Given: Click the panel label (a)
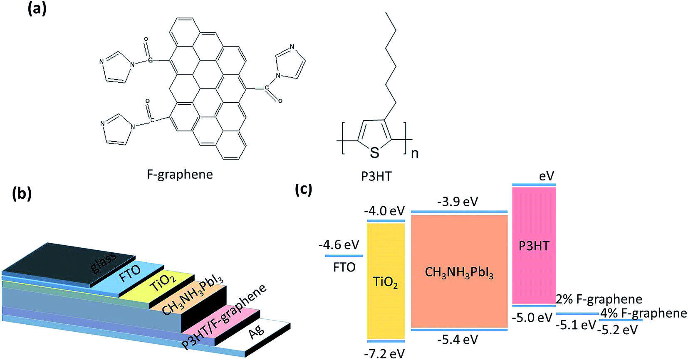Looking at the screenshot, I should tap(37, 9).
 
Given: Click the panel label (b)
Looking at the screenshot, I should tap(22, 193).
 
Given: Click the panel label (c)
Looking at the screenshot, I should tap(303, 189).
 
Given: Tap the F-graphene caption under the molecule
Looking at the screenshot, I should tap(180, 174).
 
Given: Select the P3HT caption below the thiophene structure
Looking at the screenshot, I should tap(376, 176).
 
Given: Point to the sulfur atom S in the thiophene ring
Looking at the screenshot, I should tap(374, 153).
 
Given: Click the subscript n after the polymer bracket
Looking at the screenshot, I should tap(414, 153).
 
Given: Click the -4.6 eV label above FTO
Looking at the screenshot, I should tap(339, 244).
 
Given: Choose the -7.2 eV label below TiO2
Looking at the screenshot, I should tap(384, 353).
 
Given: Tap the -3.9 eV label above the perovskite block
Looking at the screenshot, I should tap(458, 202).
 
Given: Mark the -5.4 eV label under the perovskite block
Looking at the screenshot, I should tap(458, 340).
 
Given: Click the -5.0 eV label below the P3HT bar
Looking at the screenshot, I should tap(532, 318).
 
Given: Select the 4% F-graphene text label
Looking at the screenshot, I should tap(643, 313).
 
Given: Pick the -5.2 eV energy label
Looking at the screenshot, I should tap(618, 330).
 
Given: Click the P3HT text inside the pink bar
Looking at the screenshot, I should tap(534, 246).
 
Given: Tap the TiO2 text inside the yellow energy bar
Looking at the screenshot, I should tap(385, 282).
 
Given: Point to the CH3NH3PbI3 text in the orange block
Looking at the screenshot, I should tap(459, 273).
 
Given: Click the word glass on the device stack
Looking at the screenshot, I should tap(104, 263).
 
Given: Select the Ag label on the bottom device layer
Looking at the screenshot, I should tap(256, 332).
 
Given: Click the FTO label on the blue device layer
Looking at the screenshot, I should tap(130, 274).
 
